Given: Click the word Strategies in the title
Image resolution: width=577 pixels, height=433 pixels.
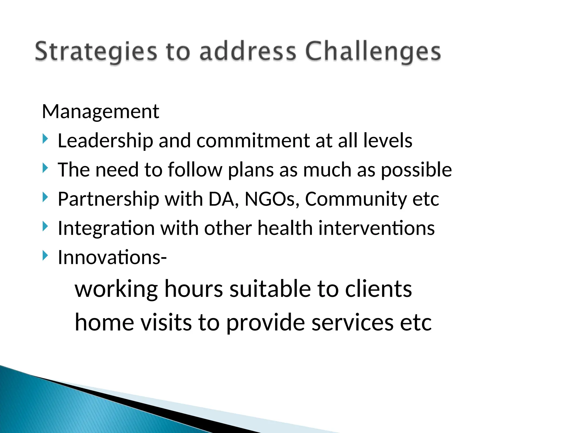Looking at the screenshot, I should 96,52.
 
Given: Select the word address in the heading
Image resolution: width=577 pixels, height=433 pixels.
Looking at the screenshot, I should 248,52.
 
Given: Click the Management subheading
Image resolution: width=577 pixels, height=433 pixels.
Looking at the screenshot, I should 101,112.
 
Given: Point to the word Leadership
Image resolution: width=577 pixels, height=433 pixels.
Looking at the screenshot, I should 105,141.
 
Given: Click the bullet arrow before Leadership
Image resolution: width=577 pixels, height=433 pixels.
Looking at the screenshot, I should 45,139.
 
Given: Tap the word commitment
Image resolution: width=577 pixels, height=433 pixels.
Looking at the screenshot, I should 253,141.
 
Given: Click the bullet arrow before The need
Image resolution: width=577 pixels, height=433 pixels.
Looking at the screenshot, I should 45,168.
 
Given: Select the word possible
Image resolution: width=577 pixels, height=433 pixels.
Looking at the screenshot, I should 416,170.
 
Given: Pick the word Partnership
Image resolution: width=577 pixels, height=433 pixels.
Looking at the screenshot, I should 108,199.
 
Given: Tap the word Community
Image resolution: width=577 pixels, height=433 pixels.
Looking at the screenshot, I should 356,199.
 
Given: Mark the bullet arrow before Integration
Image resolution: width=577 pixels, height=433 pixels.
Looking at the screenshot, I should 45,226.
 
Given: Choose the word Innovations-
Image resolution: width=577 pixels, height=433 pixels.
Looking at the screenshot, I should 112,257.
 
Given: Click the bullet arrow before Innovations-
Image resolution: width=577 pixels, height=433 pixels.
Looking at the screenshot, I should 45,255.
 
